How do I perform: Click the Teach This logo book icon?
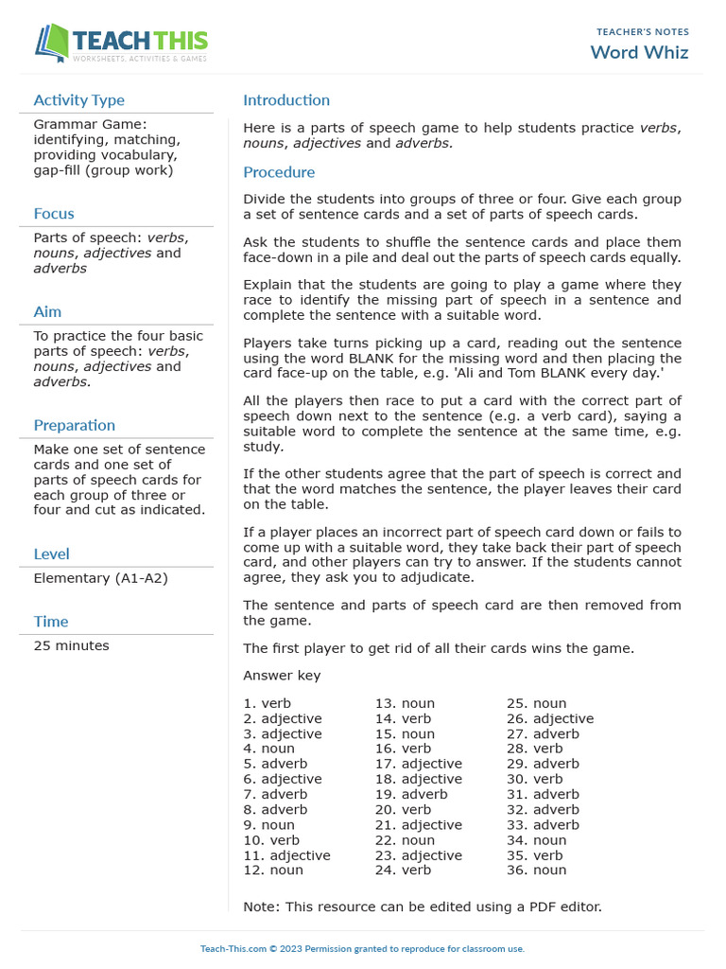point(52,43)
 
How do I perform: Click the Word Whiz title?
point(639,52)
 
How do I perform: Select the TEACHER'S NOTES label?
point(643,32)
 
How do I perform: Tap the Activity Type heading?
point(78,100)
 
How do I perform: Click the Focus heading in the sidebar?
point(54,214)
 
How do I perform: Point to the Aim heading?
point(47,312)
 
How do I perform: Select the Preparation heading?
point(74,426)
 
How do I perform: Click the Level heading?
point(51,555)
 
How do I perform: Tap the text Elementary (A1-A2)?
point(100,578)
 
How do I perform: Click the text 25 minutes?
point(71,646)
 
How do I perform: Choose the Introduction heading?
point(286,100)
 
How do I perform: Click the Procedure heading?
point(279,172)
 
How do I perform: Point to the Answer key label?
point(282,676)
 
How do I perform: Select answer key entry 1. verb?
point(268,704)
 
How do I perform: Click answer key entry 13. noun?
point(405,704)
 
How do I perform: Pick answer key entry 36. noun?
point(536,871)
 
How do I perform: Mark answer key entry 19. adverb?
point(411,795)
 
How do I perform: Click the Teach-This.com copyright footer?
point(362,949)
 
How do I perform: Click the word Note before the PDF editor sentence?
point(260,907)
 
